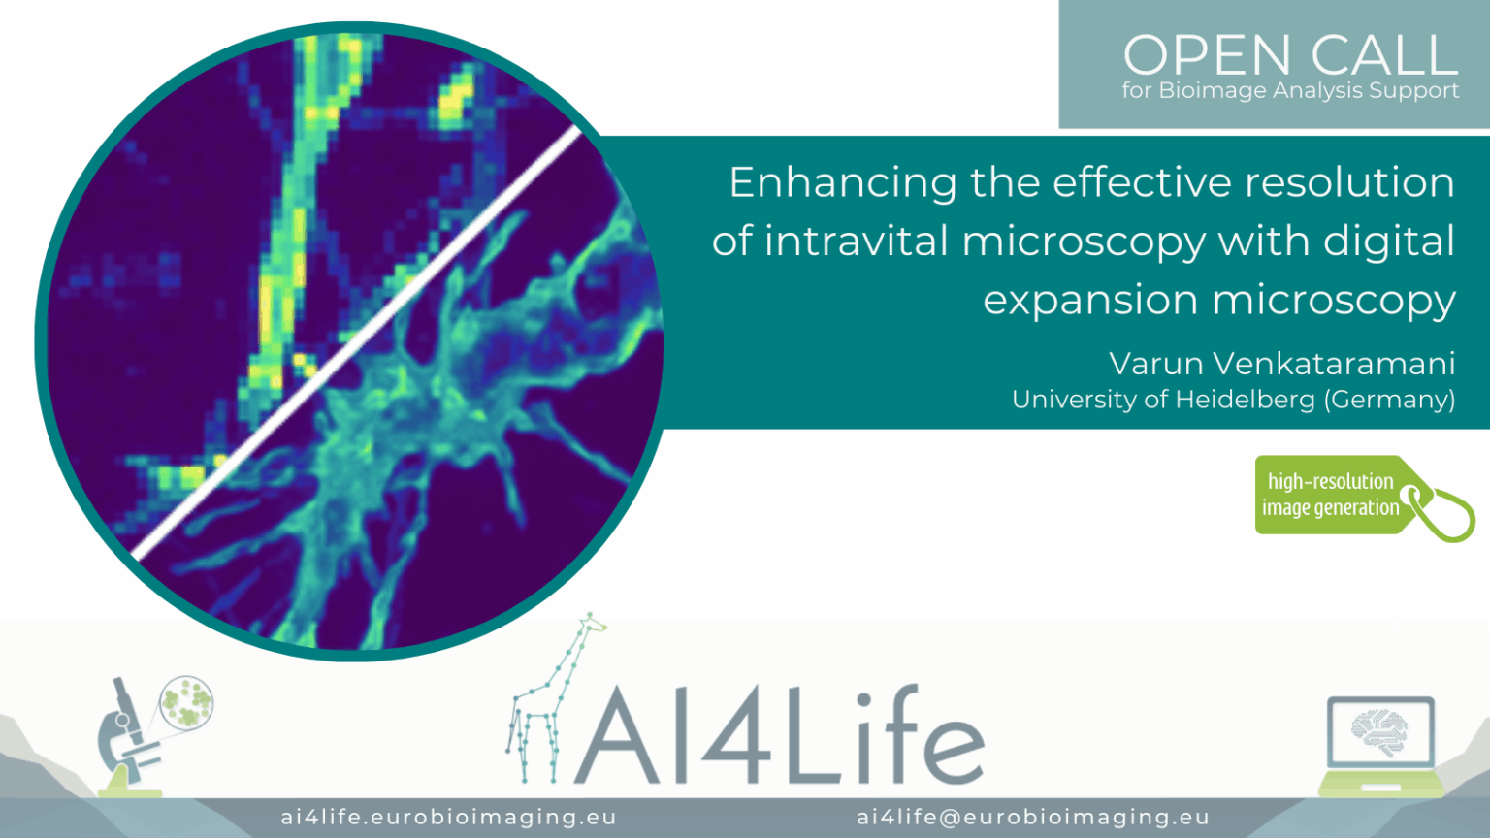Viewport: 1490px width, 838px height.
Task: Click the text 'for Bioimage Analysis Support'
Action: click(1290, 90)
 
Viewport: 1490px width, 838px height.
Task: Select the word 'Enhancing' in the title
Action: click(843, 183)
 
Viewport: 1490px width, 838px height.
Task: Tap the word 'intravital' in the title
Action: click(857, 241)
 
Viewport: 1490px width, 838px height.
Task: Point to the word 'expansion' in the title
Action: click(1091, 301)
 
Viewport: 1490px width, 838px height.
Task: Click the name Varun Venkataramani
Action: click(1281, 364)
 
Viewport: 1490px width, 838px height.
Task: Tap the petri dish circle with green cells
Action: click(186, 701)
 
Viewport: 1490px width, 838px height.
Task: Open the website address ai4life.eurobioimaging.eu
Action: click(449, 818)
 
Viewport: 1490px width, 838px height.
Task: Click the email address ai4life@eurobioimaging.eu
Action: click(1033, 818)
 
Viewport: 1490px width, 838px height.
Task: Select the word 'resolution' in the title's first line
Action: click(1349, 183)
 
